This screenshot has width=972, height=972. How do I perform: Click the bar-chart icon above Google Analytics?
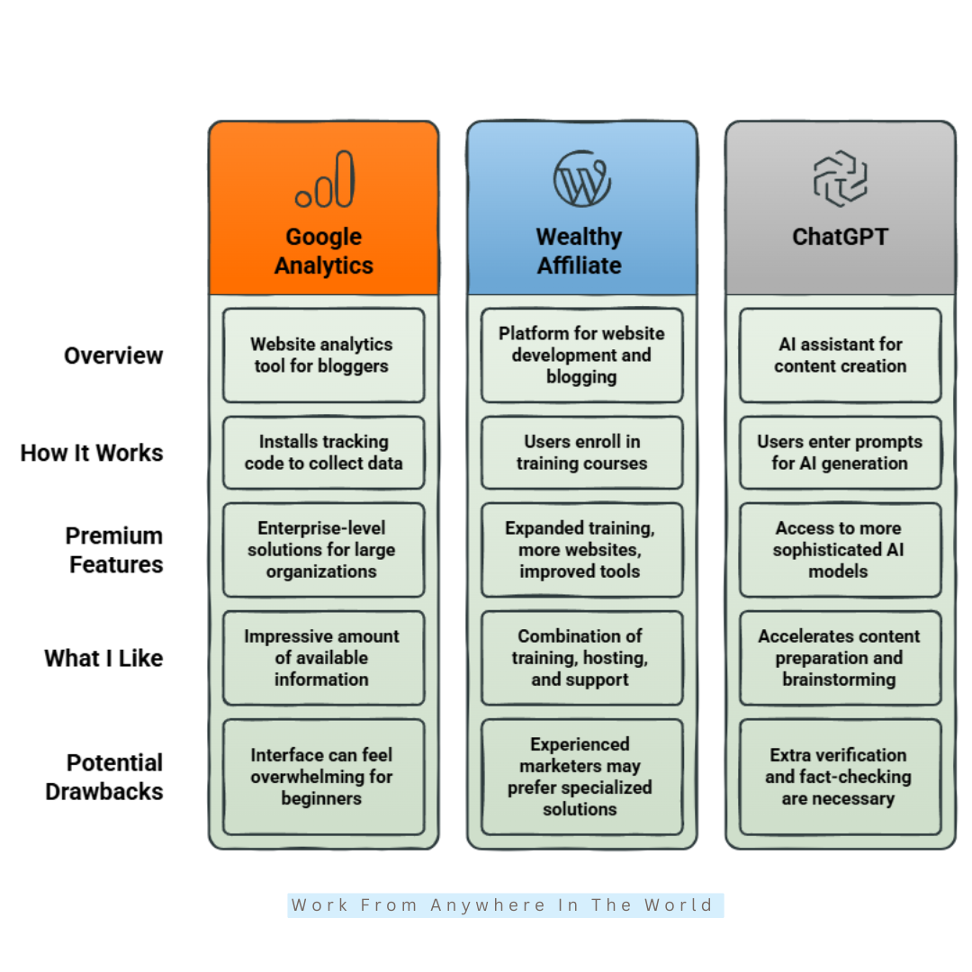click(325, 179)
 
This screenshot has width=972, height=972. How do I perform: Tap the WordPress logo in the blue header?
click(582, 178)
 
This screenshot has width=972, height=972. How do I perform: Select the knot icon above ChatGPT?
click(841, 178)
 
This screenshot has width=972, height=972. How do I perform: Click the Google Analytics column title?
click(324, 251)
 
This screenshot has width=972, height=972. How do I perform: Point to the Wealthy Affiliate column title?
click(580, 251)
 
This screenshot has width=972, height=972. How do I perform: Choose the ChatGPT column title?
click(841, 237)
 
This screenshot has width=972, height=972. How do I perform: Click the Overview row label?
click(113, 355)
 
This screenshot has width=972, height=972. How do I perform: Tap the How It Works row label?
click(92, 453)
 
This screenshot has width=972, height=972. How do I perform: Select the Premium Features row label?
click(114, 551)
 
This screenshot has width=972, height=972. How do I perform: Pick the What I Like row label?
click(103, 658)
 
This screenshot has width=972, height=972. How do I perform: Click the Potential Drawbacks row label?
click(104, 778)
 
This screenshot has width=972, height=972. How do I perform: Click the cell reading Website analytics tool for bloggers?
click(324, 355)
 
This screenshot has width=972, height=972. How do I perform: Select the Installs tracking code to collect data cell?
click(324, 453)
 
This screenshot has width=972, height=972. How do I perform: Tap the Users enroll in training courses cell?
click(582, 453)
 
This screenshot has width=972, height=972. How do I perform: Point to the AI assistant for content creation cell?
click(841, 355)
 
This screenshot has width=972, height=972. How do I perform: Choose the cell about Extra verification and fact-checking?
click(841, 777)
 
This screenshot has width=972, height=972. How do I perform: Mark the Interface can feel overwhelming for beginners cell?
click(324, 777)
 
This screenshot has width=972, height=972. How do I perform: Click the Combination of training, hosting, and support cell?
click(582, 658)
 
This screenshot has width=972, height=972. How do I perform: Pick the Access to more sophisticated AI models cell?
click(841, 550)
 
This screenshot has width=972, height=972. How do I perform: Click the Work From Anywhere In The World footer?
click(505, 905)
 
